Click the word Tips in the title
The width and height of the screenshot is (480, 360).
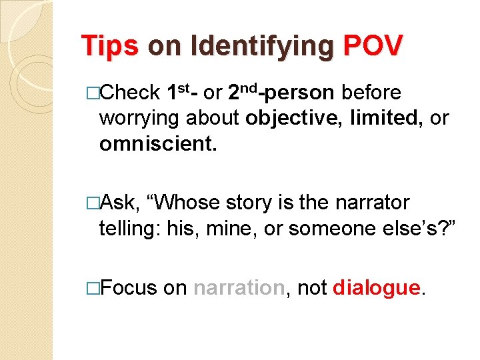(109, 46)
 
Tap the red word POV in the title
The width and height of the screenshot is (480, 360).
(373, 46)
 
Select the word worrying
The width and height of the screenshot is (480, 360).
(139, 118)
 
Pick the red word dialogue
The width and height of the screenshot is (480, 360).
(377, 287)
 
